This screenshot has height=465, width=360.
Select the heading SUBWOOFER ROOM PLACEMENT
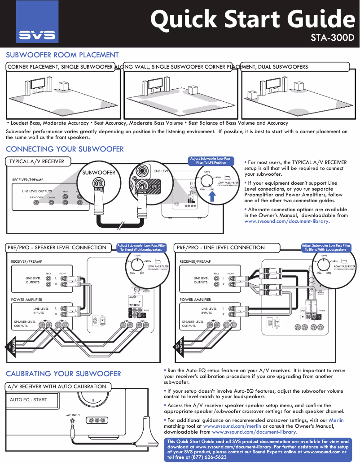point(62,55)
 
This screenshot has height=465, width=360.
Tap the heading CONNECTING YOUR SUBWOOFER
point(65,149)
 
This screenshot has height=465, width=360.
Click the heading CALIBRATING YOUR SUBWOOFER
point(63,374)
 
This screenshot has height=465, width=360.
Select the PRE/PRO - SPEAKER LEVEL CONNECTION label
point(57,248)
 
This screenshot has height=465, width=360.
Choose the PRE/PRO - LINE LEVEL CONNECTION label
point(221,248)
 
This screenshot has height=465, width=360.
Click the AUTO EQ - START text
point(28,400)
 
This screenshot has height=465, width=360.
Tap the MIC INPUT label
point(73,415)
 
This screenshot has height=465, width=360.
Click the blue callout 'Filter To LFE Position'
point(211,161)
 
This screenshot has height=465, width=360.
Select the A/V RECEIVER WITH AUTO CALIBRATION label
point(57,387)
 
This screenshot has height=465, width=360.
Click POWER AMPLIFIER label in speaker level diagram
point(26,300)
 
